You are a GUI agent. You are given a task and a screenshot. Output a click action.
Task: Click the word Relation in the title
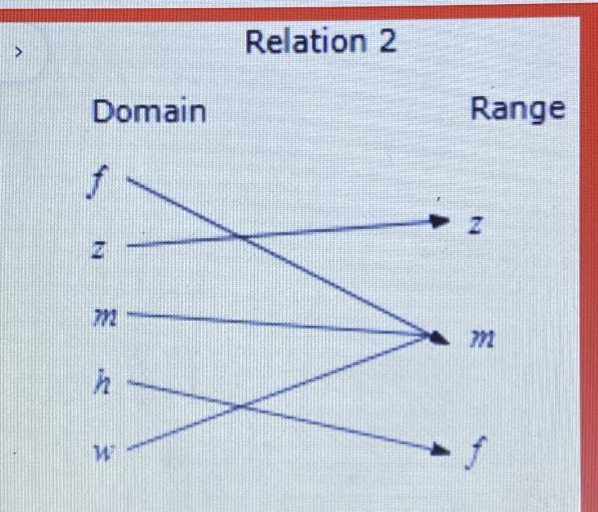[x=302, y=42]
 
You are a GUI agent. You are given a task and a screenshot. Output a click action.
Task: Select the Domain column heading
[x=149, y=112]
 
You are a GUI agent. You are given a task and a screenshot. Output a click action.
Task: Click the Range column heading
[x=517, y=110]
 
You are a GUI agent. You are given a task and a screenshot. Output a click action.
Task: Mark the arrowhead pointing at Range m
[x=438, y=338]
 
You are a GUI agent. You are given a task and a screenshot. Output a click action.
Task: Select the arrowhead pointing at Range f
[x=440, y=448]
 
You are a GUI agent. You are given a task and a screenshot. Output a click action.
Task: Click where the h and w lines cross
[x=240, y=405]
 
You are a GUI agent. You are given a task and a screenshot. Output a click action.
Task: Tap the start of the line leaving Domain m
[x=129, y=314]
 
